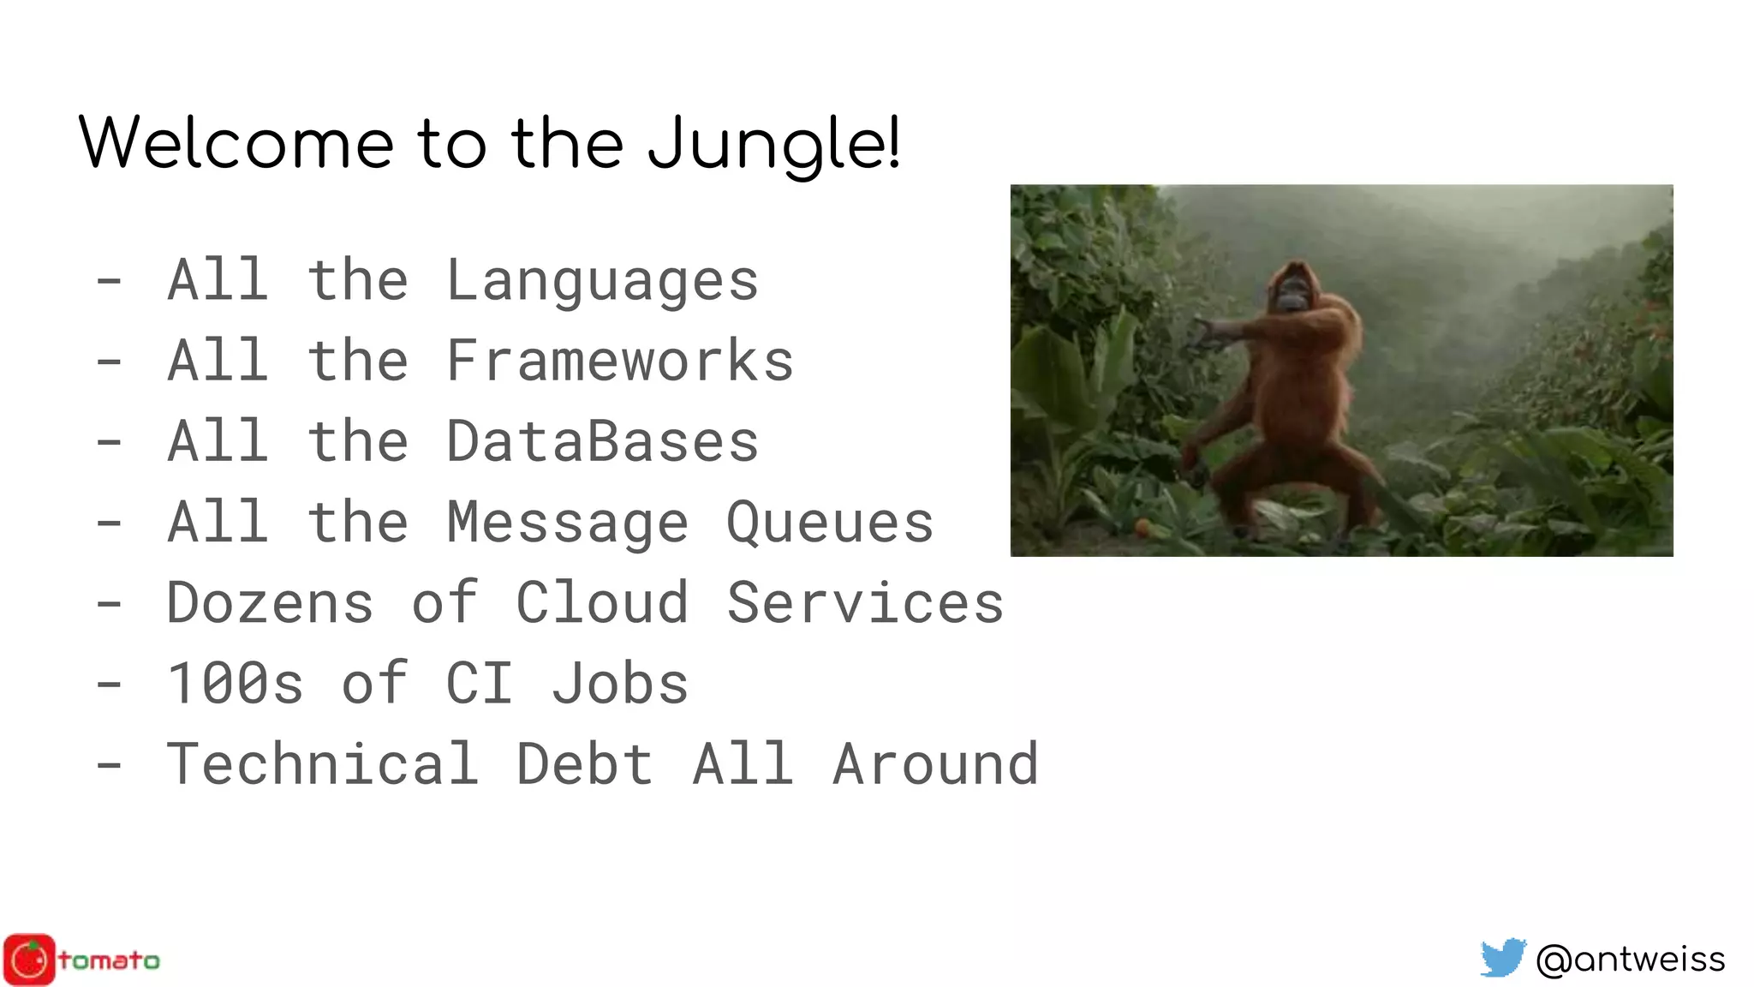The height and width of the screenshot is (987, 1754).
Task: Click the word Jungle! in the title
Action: pyautogui.click(x=773, y=143)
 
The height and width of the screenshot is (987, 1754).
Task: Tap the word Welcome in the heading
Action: pyautogui.click(x=236, y=143)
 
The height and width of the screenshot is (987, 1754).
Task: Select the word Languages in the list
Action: pyautogui.click(x=602, y=281)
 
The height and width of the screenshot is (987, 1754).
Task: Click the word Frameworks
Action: pyautogui.click(x=620, y=361)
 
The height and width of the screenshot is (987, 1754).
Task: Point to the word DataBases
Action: pyautogui.click(x=602, y=441)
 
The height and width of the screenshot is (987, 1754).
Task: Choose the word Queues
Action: pyautogui.click(x=829, y=523)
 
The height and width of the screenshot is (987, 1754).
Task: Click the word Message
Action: pyautogui.click(x=567, y=523)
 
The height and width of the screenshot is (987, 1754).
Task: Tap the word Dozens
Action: pyautogui.click(x=270, y=602)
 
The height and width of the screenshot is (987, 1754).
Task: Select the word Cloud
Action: pyautogui.click(x=602, y=602)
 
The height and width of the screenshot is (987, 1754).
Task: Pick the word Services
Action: pyautogui.click(x=865, y=602)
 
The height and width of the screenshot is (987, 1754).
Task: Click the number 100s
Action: pyautogui.click(x=236, y=684)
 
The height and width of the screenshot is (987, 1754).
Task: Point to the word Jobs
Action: pyautogui.click(x=620, y=684)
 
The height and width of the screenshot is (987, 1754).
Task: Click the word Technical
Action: pyautogui.click(x=322, y=763)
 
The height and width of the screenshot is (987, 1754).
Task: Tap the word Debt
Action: pyautogui.click(x=585, y=763)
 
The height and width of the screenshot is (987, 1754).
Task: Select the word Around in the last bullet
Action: pyautogui.click(x=935, y=763)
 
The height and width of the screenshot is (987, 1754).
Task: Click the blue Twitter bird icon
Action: pyautogui.click(x=1503, y=958)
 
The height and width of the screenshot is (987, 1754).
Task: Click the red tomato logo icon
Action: pyautogui.click(x=29, y=960)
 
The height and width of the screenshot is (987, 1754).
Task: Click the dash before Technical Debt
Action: pyautogui.click(x=109, y=765)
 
